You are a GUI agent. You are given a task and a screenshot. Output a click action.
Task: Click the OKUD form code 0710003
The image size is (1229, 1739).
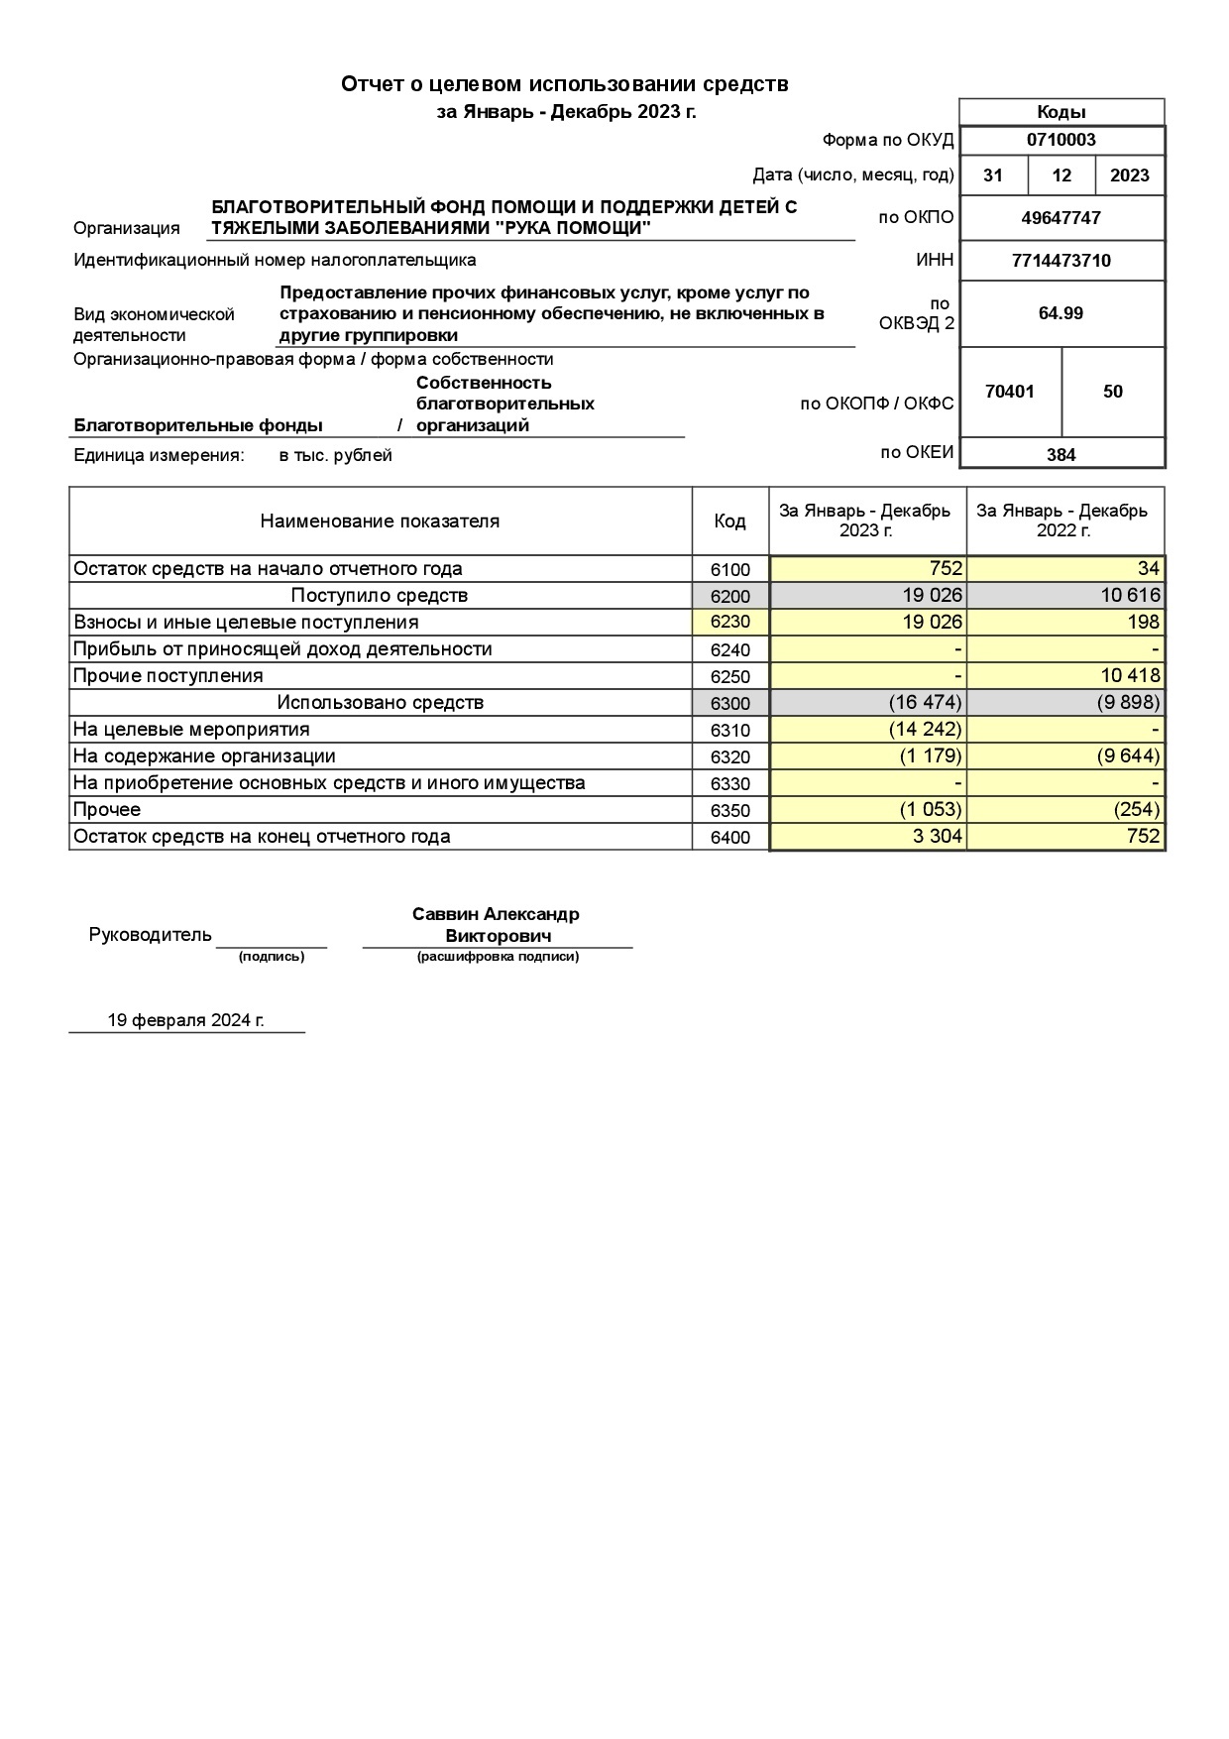[1061, 140]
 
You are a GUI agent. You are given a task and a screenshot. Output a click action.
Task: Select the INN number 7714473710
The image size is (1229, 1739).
[1061, 261]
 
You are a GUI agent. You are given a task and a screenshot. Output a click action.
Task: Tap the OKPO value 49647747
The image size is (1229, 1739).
[1061, 218]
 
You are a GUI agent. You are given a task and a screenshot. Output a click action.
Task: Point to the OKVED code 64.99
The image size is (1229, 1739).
[1061, 313]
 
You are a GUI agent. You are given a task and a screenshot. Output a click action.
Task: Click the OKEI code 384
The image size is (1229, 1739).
[1061, 455]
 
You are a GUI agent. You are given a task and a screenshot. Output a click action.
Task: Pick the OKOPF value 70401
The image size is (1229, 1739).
[1009, 392]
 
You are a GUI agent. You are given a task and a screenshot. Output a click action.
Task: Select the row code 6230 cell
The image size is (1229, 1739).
[730, 623]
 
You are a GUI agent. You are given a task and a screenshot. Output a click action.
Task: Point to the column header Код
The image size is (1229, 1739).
[730, 522]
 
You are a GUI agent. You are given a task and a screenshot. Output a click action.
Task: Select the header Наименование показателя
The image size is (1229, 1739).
[380, 522]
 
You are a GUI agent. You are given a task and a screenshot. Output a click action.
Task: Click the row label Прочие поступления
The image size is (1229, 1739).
[168, 676]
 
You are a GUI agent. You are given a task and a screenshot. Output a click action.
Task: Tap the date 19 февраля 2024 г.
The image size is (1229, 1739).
[185, 1020]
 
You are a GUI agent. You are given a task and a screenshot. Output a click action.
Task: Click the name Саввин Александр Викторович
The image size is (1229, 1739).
[497, 925]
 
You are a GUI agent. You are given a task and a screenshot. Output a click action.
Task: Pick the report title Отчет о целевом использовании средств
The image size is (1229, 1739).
[564, 84]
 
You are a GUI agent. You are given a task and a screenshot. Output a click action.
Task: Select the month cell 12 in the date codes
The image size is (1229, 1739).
[1061, 175]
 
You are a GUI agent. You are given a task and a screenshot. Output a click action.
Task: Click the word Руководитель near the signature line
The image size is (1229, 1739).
[151, 935]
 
